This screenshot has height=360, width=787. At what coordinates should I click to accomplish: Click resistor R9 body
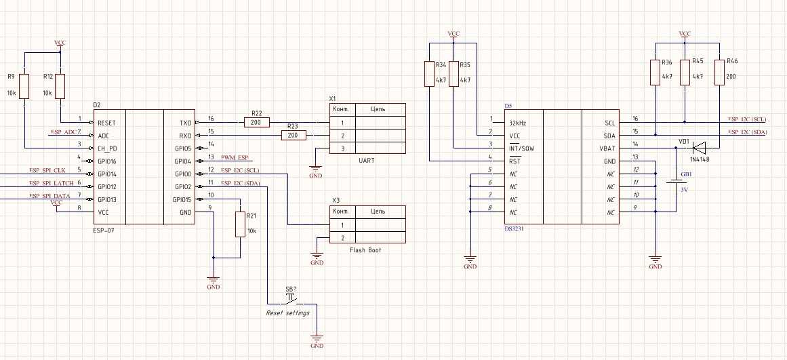pos(24,87)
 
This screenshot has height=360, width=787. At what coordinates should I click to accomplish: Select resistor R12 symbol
pos(60,87)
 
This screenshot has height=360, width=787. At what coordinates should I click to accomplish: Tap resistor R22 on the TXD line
pos(256,123)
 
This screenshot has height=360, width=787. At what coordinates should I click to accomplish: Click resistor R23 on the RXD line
pos(293,136)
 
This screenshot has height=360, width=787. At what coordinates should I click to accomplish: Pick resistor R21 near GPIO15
pos(240,224)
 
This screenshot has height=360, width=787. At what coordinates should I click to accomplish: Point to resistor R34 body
pos(430,74)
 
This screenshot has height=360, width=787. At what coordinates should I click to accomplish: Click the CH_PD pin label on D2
pos(108,148)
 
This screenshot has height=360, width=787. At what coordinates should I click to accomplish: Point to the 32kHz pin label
pos(519,123)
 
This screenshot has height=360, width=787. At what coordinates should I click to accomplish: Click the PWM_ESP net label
pos(236,158)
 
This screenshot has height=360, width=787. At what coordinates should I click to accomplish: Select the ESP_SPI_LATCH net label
pos(52,183)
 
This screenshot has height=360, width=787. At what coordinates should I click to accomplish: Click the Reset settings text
pos(287,313)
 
